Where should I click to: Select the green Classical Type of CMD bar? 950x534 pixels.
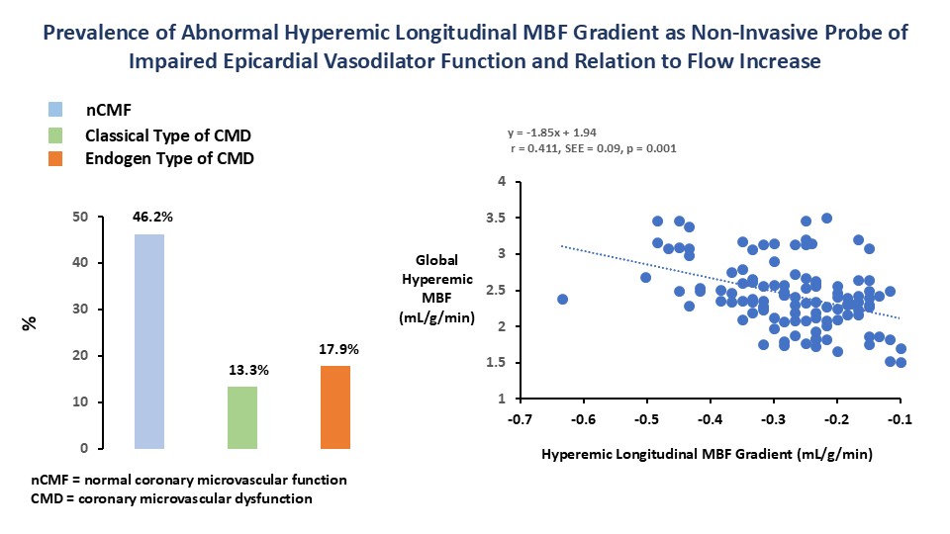(x=242, y=417)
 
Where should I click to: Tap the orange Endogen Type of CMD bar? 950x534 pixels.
(x=334, y=406)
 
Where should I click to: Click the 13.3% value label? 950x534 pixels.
(x=242, y=370)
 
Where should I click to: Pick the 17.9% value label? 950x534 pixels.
(x=334, y=348)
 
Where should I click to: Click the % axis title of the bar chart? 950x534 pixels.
(x=32, y=322)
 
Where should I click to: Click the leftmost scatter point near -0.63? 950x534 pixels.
(x=563, y=299)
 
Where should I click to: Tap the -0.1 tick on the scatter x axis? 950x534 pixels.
(x=900, y=419)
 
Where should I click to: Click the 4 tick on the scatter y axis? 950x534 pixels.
(x=503, y=182)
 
